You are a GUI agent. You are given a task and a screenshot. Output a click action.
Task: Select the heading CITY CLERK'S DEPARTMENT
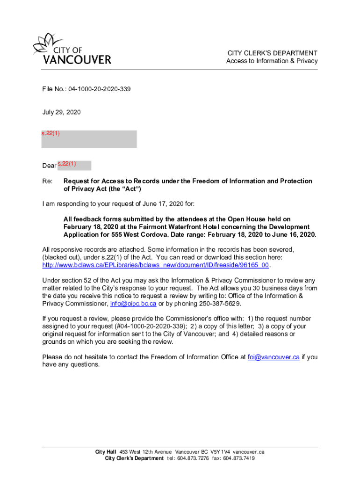272,53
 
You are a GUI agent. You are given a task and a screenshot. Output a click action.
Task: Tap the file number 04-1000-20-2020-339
99,88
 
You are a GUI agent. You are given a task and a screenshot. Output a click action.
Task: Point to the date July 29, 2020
61,112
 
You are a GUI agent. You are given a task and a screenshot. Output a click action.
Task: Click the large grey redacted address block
89,139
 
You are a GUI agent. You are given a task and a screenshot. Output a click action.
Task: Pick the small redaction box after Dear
74,165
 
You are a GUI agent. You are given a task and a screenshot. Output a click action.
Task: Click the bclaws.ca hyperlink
156,265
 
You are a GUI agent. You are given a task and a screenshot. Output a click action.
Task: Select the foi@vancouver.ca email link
274,357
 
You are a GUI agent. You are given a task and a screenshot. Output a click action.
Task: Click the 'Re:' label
47,181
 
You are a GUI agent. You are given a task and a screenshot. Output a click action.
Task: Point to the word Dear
49,166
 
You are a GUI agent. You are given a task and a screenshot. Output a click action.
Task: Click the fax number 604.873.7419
239,458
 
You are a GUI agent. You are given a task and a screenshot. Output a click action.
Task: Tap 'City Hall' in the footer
106,452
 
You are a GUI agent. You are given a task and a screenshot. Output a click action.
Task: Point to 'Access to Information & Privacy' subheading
272,61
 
